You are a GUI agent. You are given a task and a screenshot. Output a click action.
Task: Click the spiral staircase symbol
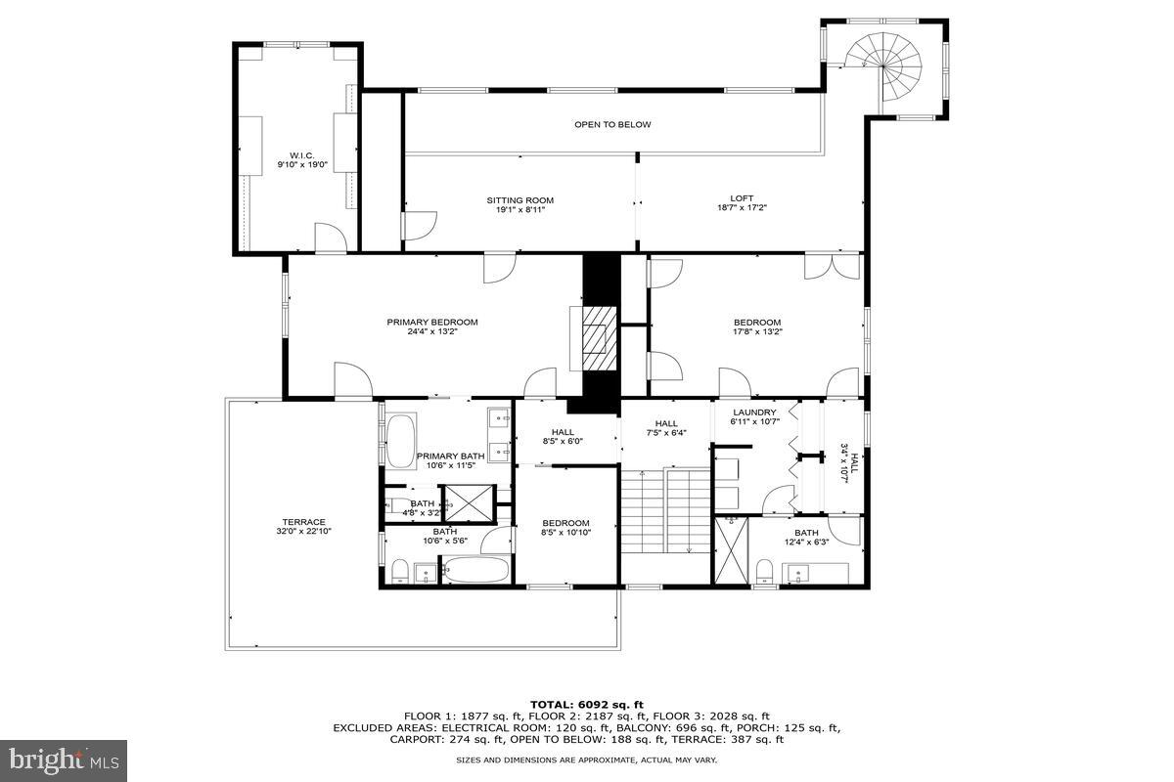(x=886, y=66)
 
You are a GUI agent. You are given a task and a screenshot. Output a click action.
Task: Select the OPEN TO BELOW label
(x=612, y=124)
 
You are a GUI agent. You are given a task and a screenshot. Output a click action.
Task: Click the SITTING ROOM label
(x=520, y=205)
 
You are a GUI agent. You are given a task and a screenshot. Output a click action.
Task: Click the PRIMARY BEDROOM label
(x=431, y=327)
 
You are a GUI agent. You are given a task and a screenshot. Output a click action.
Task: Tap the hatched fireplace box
(x=595, y=340)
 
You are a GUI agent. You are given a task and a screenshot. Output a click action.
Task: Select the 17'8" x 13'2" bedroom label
(x=757, y=327)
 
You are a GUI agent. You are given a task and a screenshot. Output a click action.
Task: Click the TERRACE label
(x=303, y=527)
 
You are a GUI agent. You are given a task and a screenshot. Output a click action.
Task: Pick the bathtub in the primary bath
(x=401, y=442)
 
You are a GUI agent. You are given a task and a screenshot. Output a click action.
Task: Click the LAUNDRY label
(x=754, y=417)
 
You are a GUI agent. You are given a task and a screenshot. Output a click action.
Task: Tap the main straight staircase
(x=665, y=510)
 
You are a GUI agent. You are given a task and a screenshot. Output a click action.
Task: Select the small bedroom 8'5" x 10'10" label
(x=565, y=528)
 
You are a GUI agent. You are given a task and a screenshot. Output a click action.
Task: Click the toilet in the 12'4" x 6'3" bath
(x=765, y=570)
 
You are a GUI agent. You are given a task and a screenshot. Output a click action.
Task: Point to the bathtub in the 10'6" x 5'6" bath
(x=474, y=570)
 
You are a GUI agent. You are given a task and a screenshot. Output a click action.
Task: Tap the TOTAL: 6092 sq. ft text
(x=587, y=704)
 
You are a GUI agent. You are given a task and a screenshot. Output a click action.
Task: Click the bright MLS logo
(x=64, y=758)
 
